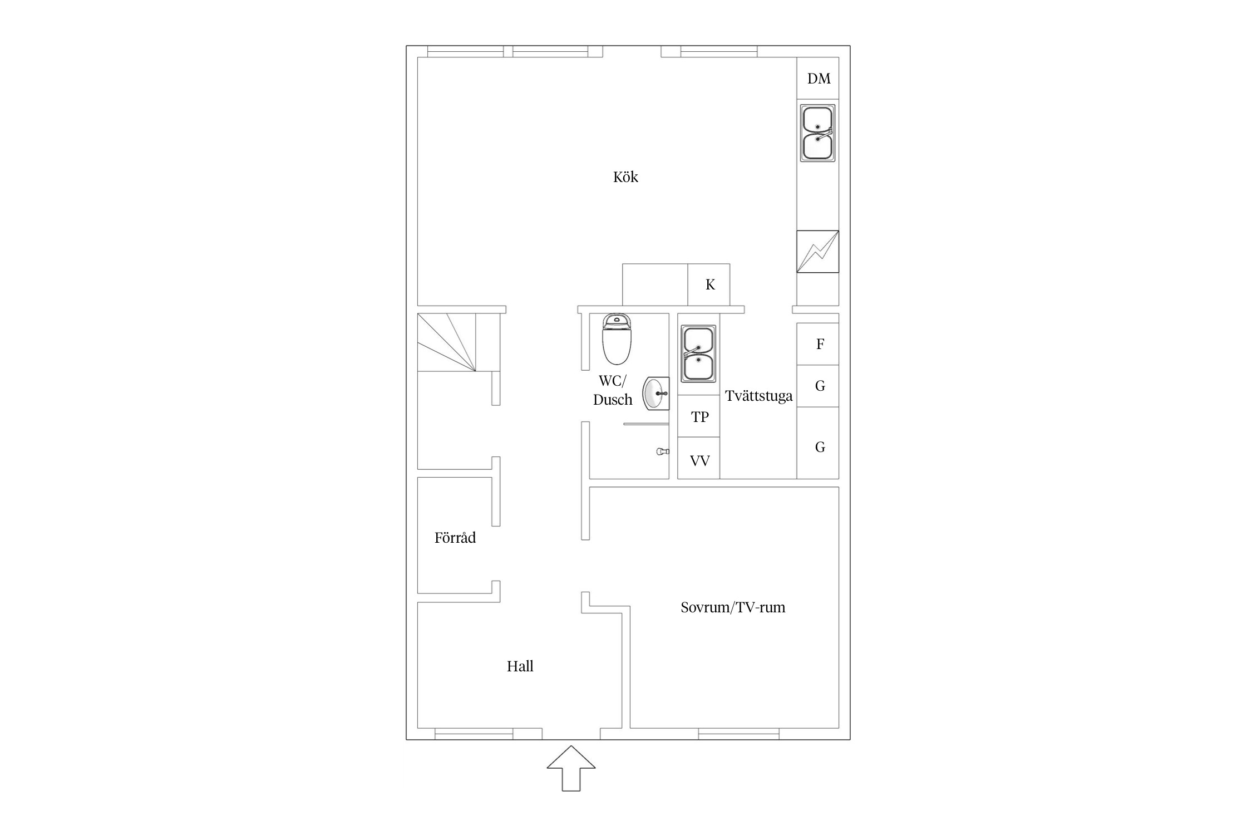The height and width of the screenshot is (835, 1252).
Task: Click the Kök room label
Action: coord(625,177)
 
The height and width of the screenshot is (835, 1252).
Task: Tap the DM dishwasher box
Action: coord(818,78)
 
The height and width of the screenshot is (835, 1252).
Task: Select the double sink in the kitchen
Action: coord(817,133)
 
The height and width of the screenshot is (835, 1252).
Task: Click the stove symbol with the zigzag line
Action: coord(817,252)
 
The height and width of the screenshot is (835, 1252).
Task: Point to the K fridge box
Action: coord(709,284)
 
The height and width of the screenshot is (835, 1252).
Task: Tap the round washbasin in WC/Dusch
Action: coord(655,394)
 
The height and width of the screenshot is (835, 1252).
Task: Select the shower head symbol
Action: coord(662,451)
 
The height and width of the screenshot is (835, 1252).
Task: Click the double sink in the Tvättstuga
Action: coord(698,354)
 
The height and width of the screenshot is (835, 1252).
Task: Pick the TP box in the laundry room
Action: coord(699,416)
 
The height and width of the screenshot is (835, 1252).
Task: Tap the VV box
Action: coord(699,460)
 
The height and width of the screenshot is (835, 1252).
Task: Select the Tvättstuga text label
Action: coord(758,396)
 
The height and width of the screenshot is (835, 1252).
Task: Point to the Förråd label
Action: coord(455,538)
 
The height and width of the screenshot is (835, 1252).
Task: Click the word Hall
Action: coord(520,666)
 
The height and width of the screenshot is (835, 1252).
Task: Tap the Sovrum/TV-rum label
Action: coord(733,607)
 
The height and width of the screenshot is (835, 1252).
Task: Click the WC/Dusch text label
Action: coord(612,390)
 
